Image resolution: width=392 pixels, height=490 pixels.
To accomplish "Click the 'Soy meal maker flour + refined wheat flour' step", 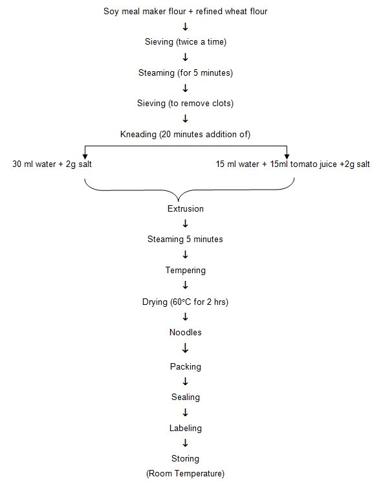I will pyautogui.click(x=185, y=12).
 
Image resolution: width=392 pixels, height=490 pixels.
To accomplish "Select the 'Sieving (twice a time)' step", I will pyautogui.click(x=185, y=42).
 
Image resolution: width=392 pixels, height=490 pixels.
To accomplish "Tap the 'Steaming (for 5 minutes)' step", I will pyautogui.click(x=185, y=73).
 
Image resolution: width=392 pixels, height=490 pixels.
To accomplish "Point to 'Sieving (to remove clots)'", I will pyautogui.click(x=185, y=104).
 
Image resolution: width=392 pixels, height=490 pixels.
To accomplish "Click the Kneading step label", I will pyautogui.click(x=185, y=135).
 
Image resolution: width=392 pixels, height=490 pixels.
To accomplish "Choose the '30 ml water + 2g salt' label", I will pyautogui.click(x=52, y=164).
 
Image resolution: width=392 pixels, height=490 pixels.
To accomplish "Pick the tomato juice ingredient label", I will pyautogui.click(x=293, y=164).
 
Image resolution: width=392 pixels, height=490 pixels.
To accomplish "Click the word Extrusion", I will pyautogui.click(x=185, y=209).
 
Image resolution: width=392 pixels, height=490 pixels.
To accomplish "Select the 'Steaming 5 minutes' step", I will pyautogui.click(x=185, y=239).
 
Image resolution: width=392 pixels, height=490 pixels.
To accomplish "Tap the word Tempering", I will pyautogui.click(x=185, y=271).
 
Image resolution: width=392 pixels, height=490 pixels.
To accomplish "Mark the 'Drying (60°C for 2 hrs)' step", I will pyautogui.click(x=185, y=302).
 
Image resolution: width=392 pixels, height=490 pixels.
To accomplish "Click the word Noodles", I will pyautogui.click(x=185, y=333).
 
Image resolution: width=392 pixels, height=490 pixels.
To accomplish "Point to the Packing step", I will pyautogui.click(x=185, y=367).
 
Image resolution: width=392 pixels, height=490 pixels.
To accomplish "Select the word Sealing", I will pyautogui.click(x=185, y=397).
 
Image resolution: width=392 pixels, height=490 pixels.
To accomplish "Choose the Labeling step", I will pyautogui.click(x=185, y=429).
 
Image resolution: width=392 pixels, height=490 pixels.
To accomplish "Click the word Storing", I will pyautogui.click(x=185, y=460).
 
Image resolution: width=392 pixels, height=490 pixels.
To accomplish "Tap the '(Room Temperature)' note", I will pyautogui.click(x=185, y=474).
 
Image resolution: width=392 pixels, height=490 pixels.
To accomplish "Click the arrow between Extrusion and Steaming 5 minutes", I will pyautogui.click(x=186, y=224).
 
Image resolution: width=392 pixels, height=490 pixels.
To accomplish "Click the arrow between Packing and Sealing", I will pyautogui.click(x=186, y=382).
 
